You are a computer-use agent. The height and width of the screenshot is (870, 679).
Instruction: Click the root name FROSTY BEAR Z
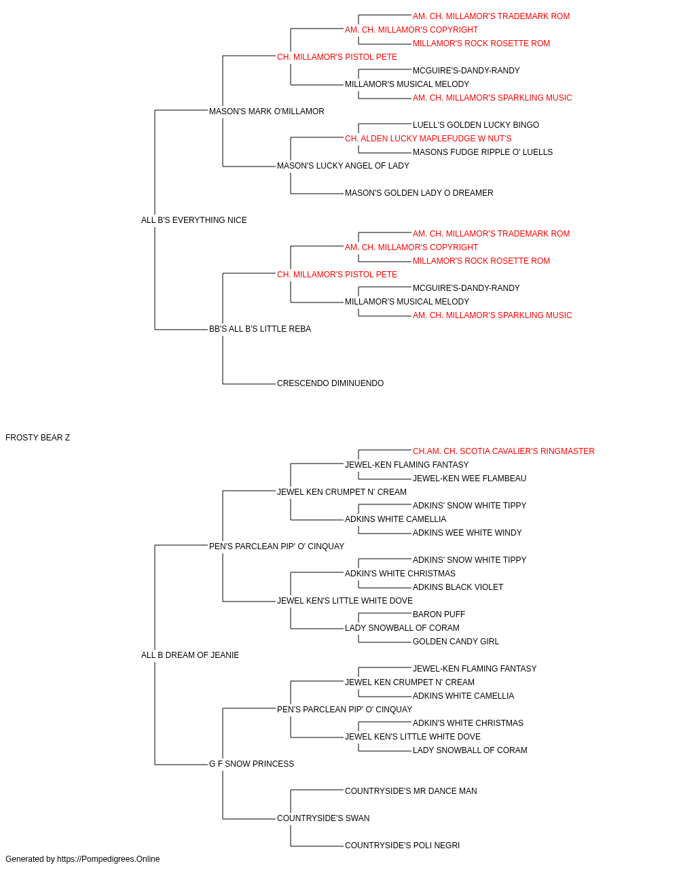tap(37, 437)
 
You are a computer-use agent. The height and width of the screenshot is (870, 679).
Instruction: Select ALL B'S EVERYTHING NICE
tap(194, 220)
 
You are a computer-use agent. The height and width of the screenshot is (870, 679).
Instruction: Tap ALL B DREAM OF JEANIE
tap(190, 655)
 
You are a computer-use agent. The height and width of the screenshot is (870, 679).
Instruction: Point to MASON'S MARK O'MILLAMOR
tap(266, 111)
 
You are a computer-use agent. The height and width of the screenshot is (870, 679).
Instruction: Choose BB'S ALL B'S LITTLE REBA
tap(260, 329)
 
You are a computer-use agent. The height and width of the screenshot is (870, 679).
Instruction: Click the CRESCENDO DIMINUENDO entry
tap(330, 383)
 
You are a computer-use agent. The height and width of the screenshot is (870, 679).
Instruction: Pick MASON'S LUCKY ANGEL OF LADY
tap(343, 166)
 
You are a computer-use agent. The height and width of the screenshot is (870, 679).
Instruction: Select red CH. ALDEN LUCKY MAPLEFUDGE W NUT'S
tap(428, 139)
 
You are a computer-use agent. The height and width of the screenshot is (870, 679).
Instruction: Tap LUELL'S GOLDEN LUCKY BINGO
tap(476, 125)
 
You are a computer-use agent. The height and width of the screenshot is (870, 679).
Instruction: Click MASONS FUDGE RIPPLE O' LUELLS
tap(483, 152)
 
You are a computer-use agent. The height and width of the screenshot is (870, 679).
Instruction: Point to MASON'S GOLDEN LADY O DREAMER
tap(419, 193)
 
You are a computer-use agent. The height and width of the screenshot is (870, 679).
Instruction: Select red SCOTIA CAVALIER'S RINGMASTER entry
tap(503, 451)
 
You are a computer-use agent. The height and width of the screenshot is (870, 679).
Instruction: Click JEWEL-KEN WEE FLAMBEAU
tap(469, 478)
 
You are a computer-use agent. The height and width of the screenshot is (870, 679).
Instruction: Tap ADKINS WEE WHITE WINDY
tap(467, 532)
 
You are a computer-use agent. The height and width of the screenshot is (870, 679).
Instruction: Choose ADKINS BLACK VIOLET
tap(458, 587)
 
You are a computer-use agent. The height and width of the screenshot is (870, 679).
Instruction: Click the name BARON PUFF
tap(439, 614)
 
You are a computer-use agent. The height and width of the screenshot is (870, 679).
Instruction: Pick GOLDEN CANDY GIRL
tap(456, 642)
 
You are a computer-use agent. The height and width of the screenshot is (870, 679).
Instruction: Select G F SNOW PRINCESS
tap(251, 763)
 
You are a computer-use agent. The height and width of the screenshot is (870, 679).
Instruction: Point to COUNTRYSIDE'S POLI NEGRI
tap(402, 845)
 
